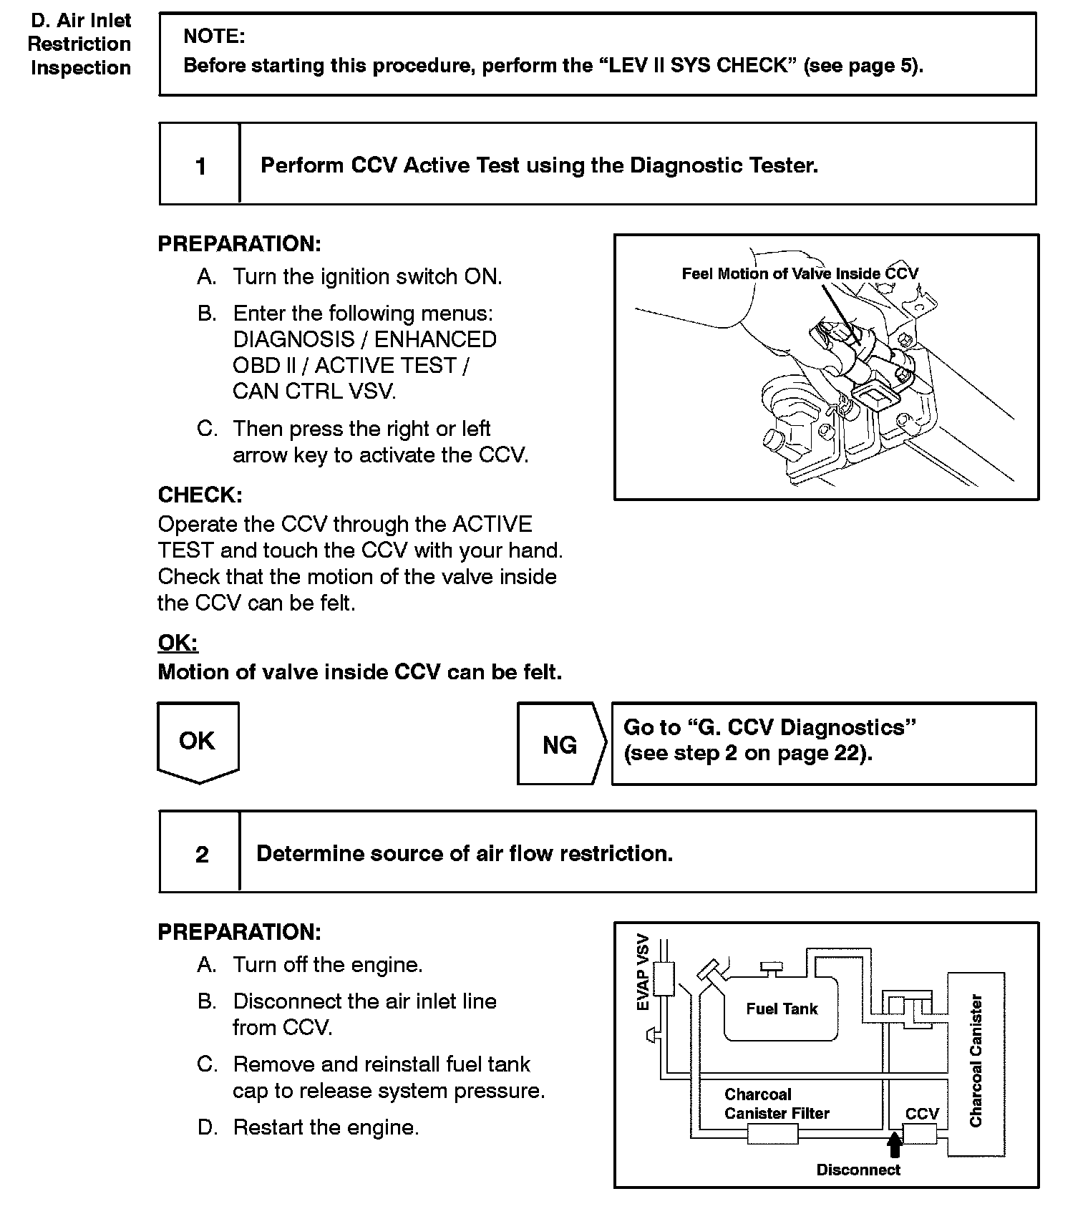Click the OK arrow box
point(198,742)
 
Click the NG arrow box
point(560,745)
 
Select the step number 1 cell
point(200,166)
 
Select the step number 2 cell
point(202,854)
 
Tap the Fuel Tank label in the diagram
point(782,1009)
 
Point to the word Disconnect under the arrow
point(858,1170)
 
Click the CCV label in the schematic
point(922,1114)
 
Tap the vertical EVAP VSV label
point(643,972)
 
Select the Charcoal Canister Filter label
point(777,1104)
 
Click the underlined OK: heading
point(178,643)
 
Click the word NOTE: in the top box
point(214,36)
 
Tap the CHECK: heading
point(200,495)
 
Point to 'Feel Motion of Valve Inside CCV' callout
point(800,273)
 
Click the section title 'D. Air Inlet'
point(81,20)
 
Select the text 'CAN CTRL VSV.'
point(314,392)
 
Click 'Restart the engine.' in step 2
point(326,1127)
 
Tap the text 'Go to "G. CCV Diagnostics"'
point(769,727)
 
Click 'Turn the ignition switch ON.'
point(367,276)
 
